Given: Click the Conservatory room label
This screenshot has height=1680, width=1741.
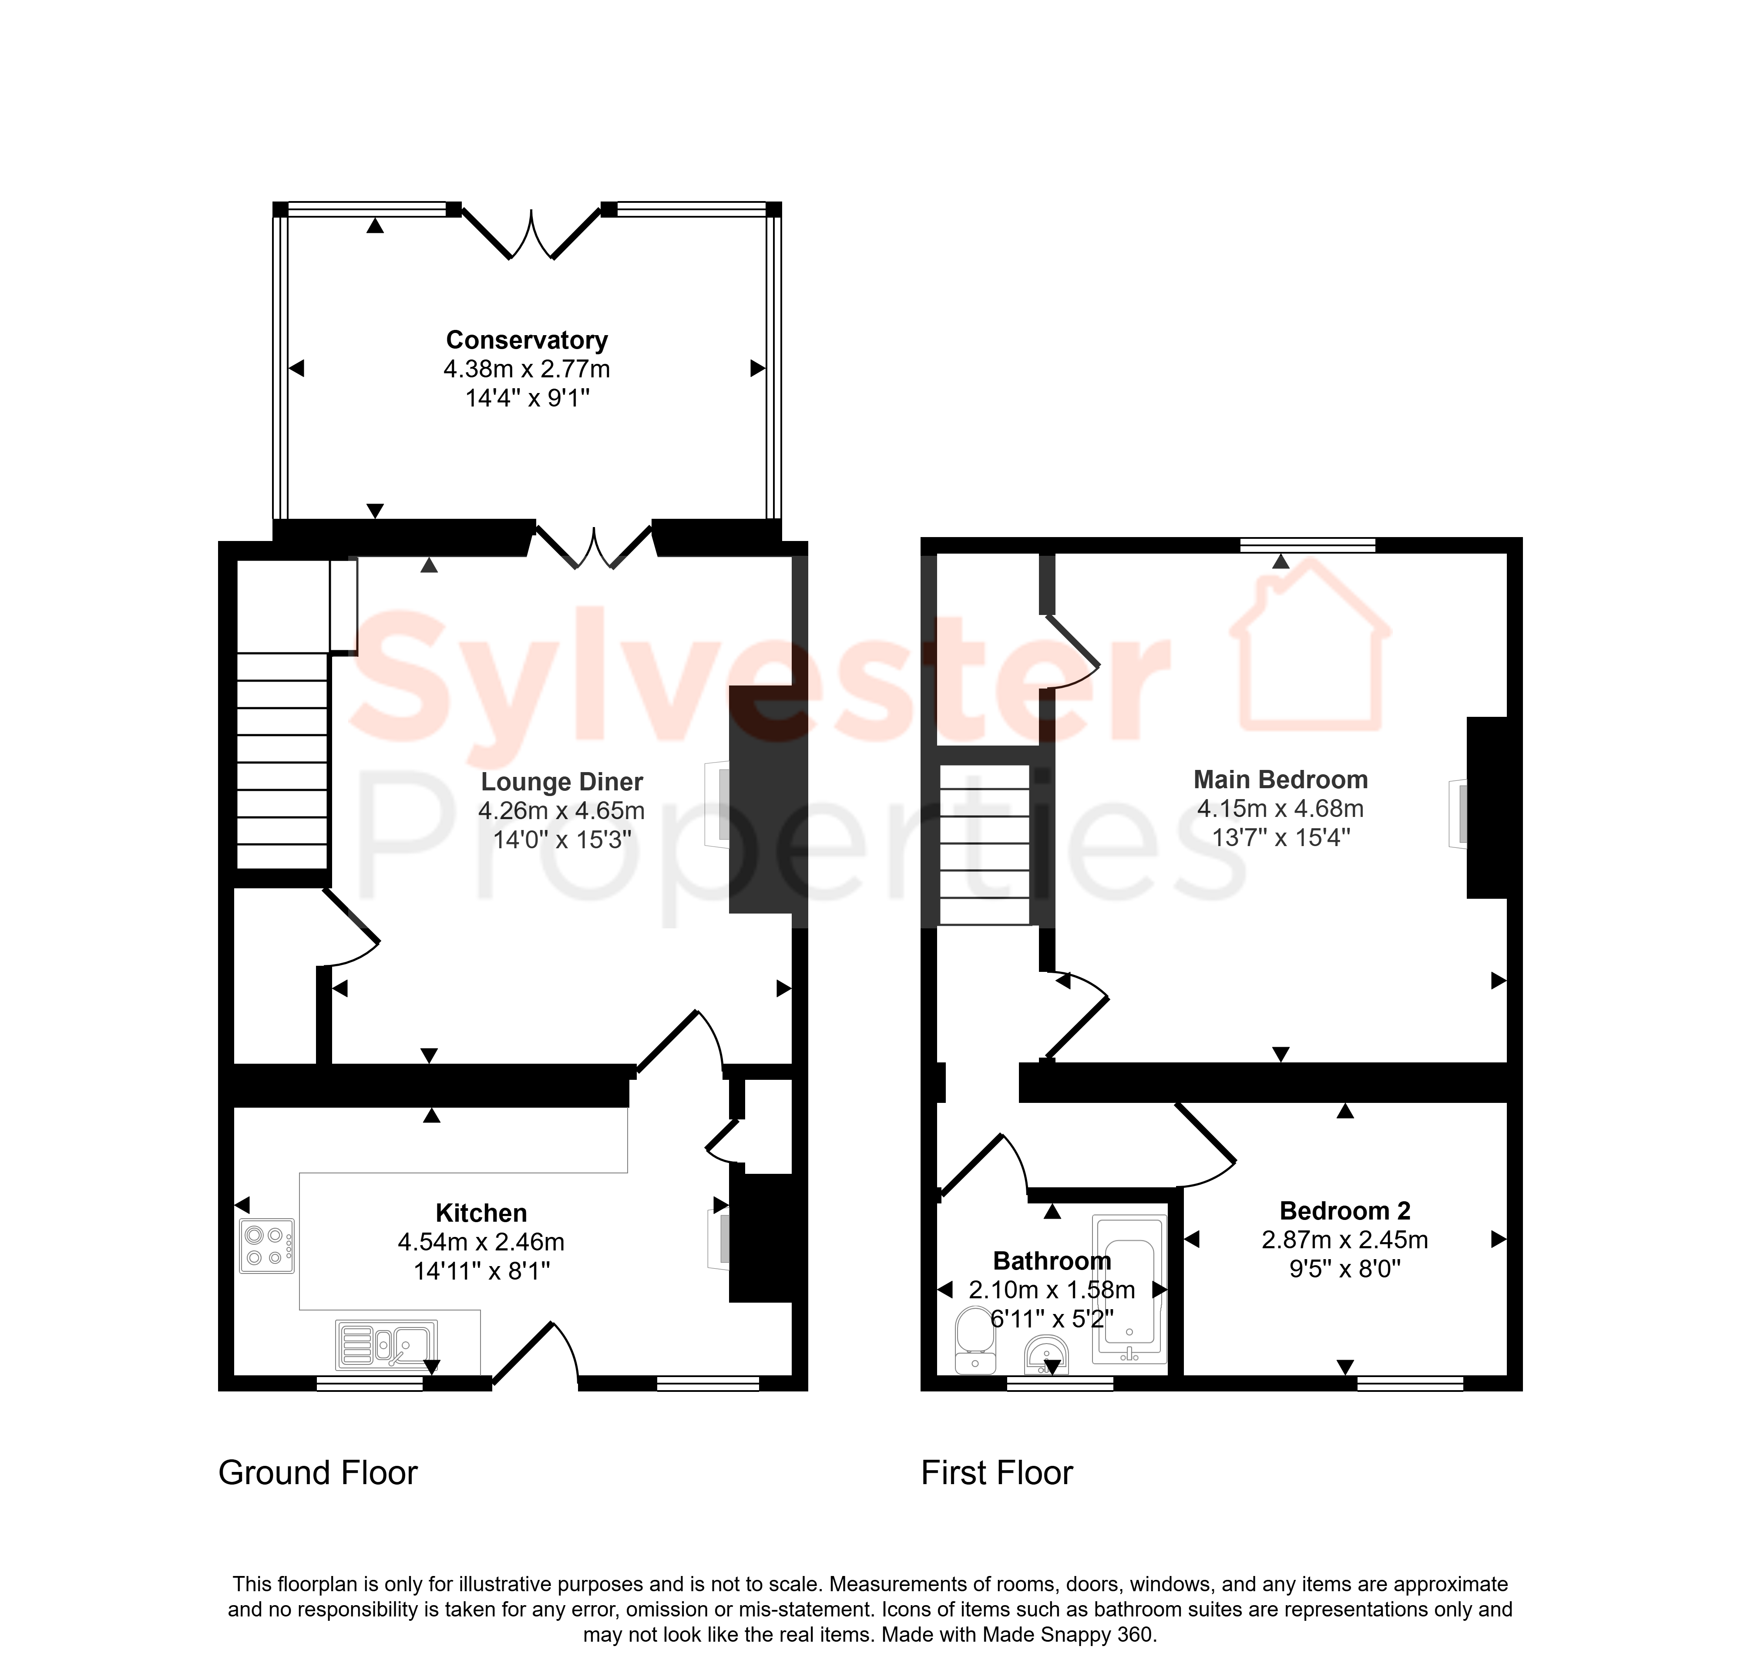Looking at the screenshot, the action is pos(527,340).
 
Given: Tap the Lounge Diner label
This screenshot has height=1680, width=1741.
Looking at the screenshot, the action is pos(561,782).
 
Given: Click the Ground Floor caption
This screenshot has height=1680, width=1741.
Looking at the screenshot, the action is pos(318,1473).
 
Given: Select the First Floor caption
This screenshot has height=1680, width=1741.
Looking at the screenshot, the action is pos(997,1473).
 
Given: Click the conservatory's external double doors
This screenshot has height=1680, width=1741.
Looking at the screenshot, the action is pos(531,234).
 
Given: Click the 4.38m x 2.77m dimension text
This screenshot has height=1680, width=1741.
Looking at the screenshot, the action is pos(527,369).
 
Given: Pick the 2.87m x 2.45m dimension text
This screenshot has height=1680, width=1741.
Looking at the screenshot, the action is pos(1345,1240).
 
